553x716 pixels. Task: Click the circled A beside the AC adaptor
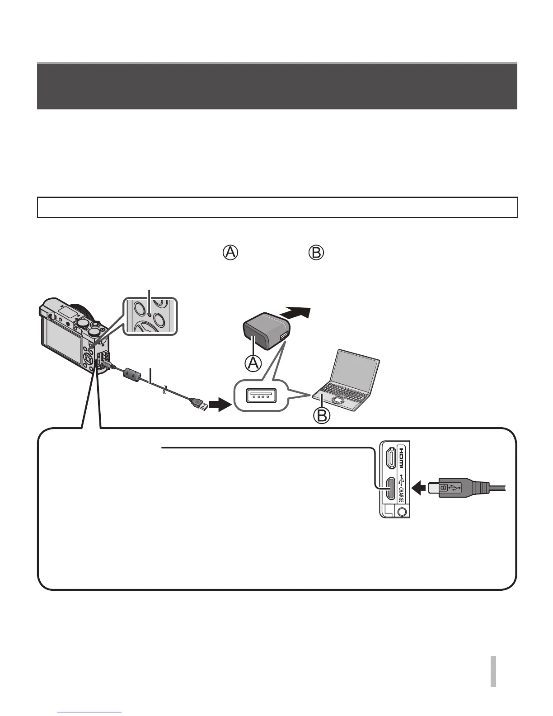pos(253,363)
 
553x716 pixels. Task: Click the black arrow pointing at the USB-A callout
pos(220,405)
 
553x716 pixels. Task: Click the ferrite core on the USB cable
pos(132,374)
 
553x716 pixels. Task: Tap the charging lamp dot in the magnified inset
pos(150,312)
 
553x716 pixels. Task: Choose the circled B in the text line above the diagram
pos(316,253)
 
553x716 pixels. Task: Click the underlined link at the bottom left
pos(90,712)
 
